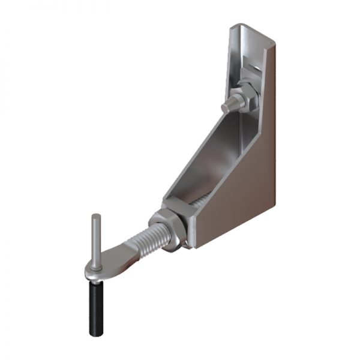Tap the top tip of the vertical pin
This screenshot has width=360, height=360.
coord(95,215)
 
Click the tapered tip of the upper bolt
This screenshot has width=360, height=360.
coord(227,108)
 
